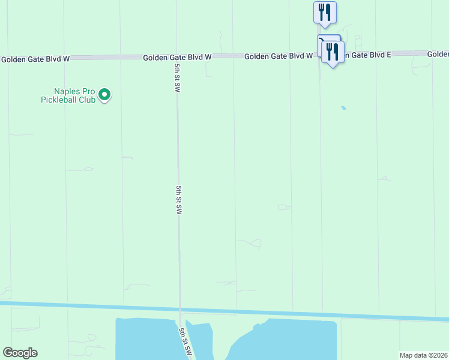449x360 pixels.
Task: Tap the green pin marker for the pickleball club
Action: (104, 94)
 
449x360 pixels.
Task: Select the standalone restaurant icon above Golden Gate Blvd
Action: (325, 13)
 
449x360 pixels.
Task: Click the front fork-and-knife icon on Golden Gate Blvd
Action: (333, 53)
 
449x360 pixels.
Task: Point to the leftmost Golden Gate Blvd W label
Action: (35, 59)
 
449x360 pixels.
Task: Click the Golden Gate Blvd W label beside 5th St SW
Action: (177, 57)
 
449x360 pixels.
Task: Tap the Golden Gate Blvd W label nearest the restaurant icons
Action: (279, 56)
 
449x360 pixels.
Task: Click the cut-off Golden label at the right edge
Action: (438, 54)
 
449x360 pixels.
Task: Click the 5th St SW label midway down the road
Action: (179, 200)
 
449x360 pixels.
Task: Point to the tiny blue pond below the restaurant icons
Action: (343, 108)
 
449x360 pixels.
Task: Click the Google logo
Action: (20, 353)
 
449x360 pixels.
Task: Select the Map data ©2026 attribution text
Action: (423, 355)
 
